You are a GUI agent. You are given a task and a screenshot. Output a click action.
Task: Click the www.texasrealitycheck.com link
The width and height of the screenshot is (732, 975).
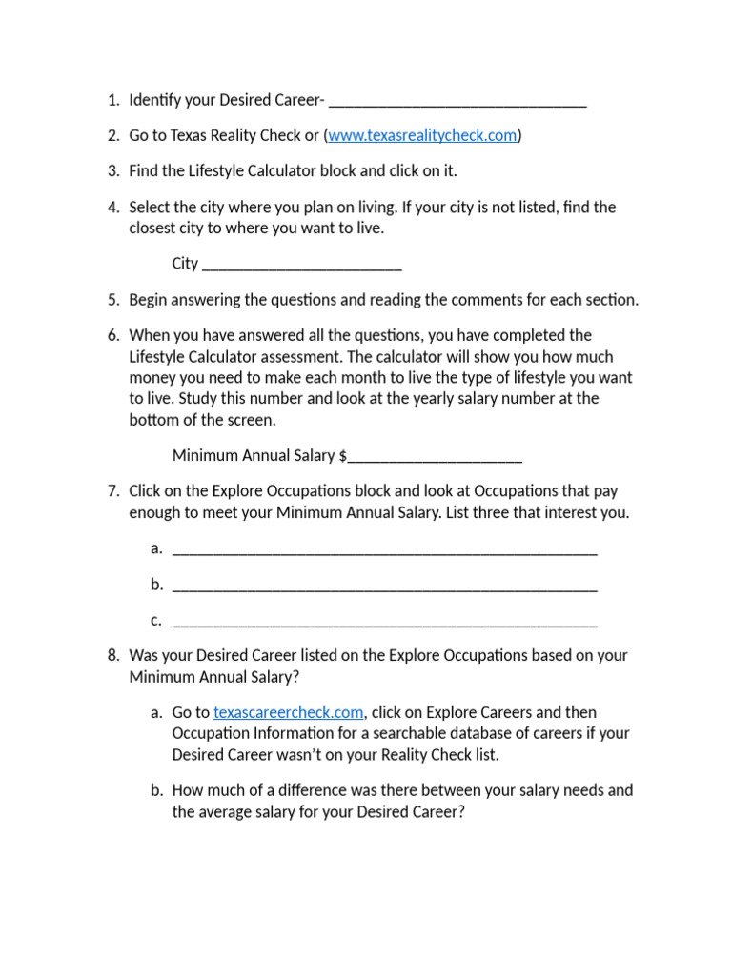pos(422,135)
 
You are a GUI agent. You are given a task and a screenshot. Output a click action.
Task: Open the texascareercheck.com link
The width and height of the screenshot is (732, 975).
pos(289,712)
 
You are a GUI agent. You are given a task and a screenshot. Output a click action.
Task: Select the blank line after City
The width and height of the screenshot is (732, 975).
pos(302,266)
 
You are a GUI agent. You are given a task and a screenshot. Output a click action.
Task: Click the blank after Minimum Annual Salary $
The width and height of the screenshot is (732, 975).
pos(435,458)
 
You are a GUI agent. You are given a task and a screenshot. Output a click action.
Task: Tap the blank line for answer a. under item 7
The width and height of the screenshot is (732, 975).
pos(385,550)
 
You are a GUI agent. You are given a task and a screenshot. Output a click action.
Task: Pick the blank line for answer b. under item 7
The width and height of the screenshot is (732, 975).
pos(385,587)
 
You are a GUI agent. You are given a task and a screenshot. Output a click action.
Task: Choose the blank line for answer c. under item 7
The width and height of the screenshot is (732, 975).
pos(385,624)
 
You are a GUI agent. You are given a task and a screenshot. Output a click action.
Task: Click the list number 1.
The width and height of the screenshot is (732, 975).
pos(112,100)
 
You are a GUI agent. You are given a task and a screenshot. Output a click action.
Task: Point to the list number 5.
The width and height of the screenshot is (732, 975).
pos(112,300)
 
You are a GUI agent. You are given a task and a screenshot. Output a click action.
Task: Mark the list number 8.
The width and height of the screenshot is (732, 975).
pos(112,655)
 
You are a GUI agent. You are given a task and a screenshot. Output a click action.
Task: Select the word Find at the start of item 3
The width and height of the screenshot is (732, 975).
pos(144,170)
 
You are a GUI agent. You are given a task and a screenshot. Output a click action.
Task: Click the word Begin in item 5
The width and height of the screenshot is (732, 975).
pos(149,300)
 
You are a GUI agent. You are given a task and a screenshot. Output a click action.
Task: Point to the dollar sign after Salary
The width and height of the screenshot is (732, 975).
pos(343,456)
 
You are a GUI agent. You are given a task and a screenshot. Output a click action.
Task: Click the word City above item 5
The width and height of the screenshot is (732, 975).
pos(185,264)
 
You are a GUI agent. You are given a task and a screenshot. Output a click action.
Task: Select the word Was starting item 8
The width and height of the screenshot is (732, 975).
pos(144,655)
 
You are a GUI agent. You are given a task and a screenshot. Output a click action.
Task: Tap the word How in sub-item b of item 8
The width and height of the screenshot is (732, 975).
pos(188,790)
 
